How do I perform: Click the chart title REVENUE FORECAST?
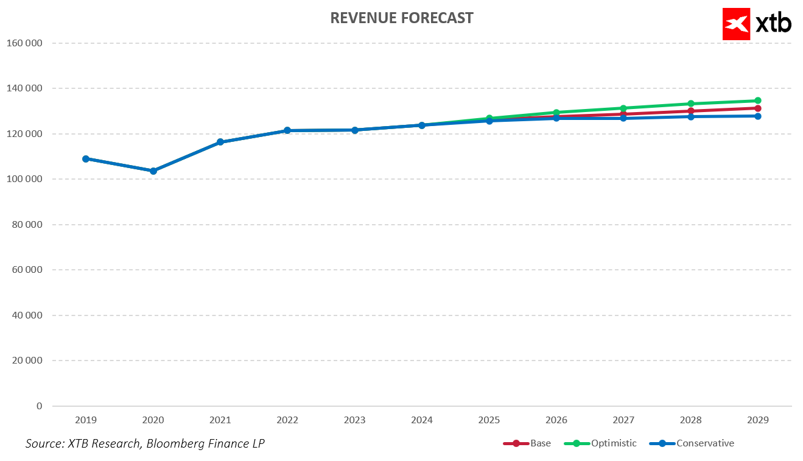click(401, 18)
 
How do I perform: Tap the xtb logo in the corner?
click(757, 24)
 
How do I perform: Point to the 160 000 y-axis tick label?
click(24, 43)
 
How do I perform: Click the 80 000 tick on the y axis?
click(27, 225)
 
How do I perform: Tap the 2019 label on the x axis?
click(86, 420)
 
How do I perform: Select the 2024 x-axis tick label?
click(422, 420)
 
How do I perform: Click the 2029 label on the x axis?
click(758, 420)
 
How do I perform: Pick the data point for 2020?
click(153, 171)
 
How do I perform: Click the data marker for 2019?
click(86, 159)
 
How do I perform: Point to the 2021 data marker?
click(220, 142)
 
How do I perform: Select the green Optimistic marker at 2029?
click(758, 100)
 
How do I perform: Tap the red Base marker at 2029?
click(758, 108)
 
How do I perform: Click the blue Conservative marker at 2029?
click(758, 116)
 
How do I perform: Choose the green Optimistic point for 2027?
click(623, 108)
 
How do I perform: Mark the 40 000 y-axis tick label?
click(27, 315)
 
